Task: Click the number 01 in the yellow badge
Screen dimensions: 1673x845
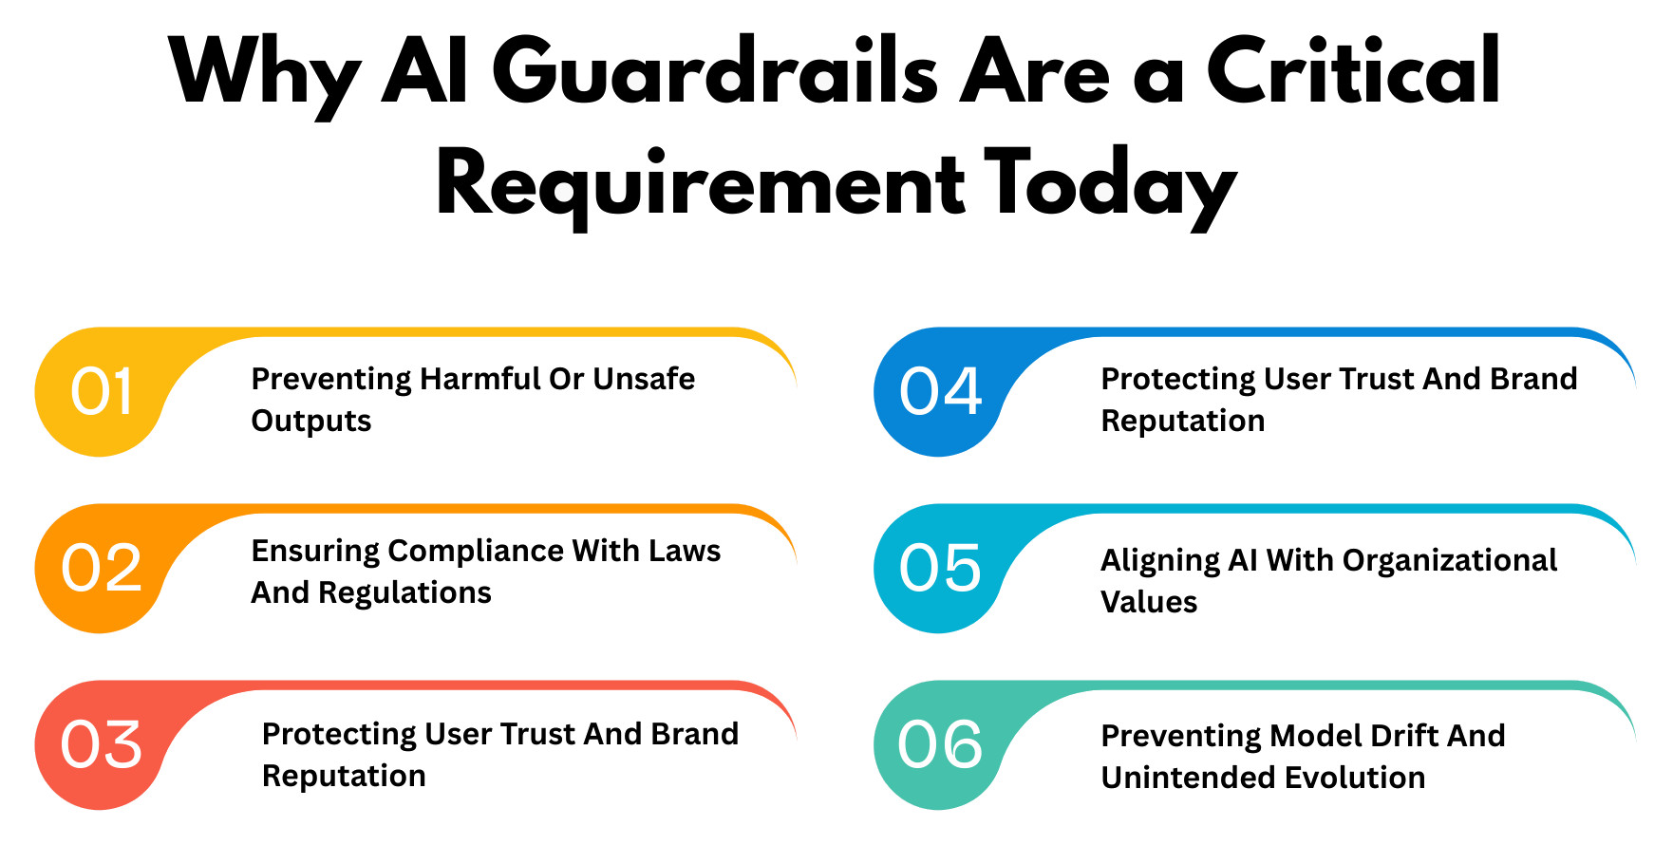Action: [101, 392]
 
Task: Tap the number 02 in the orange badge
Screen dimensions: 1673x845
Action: [101, 569]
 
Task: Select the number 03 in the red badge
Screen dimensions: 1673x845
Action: [101, 745]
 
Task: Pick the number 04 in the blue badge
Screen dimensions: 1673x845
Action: [940, 392]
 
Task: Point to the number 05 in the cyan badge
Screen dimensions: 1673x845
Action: [940, 569]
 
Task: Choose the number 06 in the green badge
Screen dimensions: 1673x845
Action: [940, 745]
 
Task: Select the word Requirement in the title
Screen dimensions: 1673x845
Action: [701, 185]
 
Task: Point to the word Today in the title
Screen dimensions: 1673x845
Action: [1110, 185]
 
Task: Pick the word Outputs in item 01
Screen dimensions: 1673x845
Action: [311, 421]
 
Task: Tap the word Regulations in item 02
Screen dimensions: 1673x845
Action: [404, 593]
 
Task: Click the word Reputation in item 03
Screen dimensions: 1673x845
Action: [344, 776]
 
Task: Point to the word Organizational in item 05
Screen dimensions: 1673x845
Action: [1450, 561]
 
